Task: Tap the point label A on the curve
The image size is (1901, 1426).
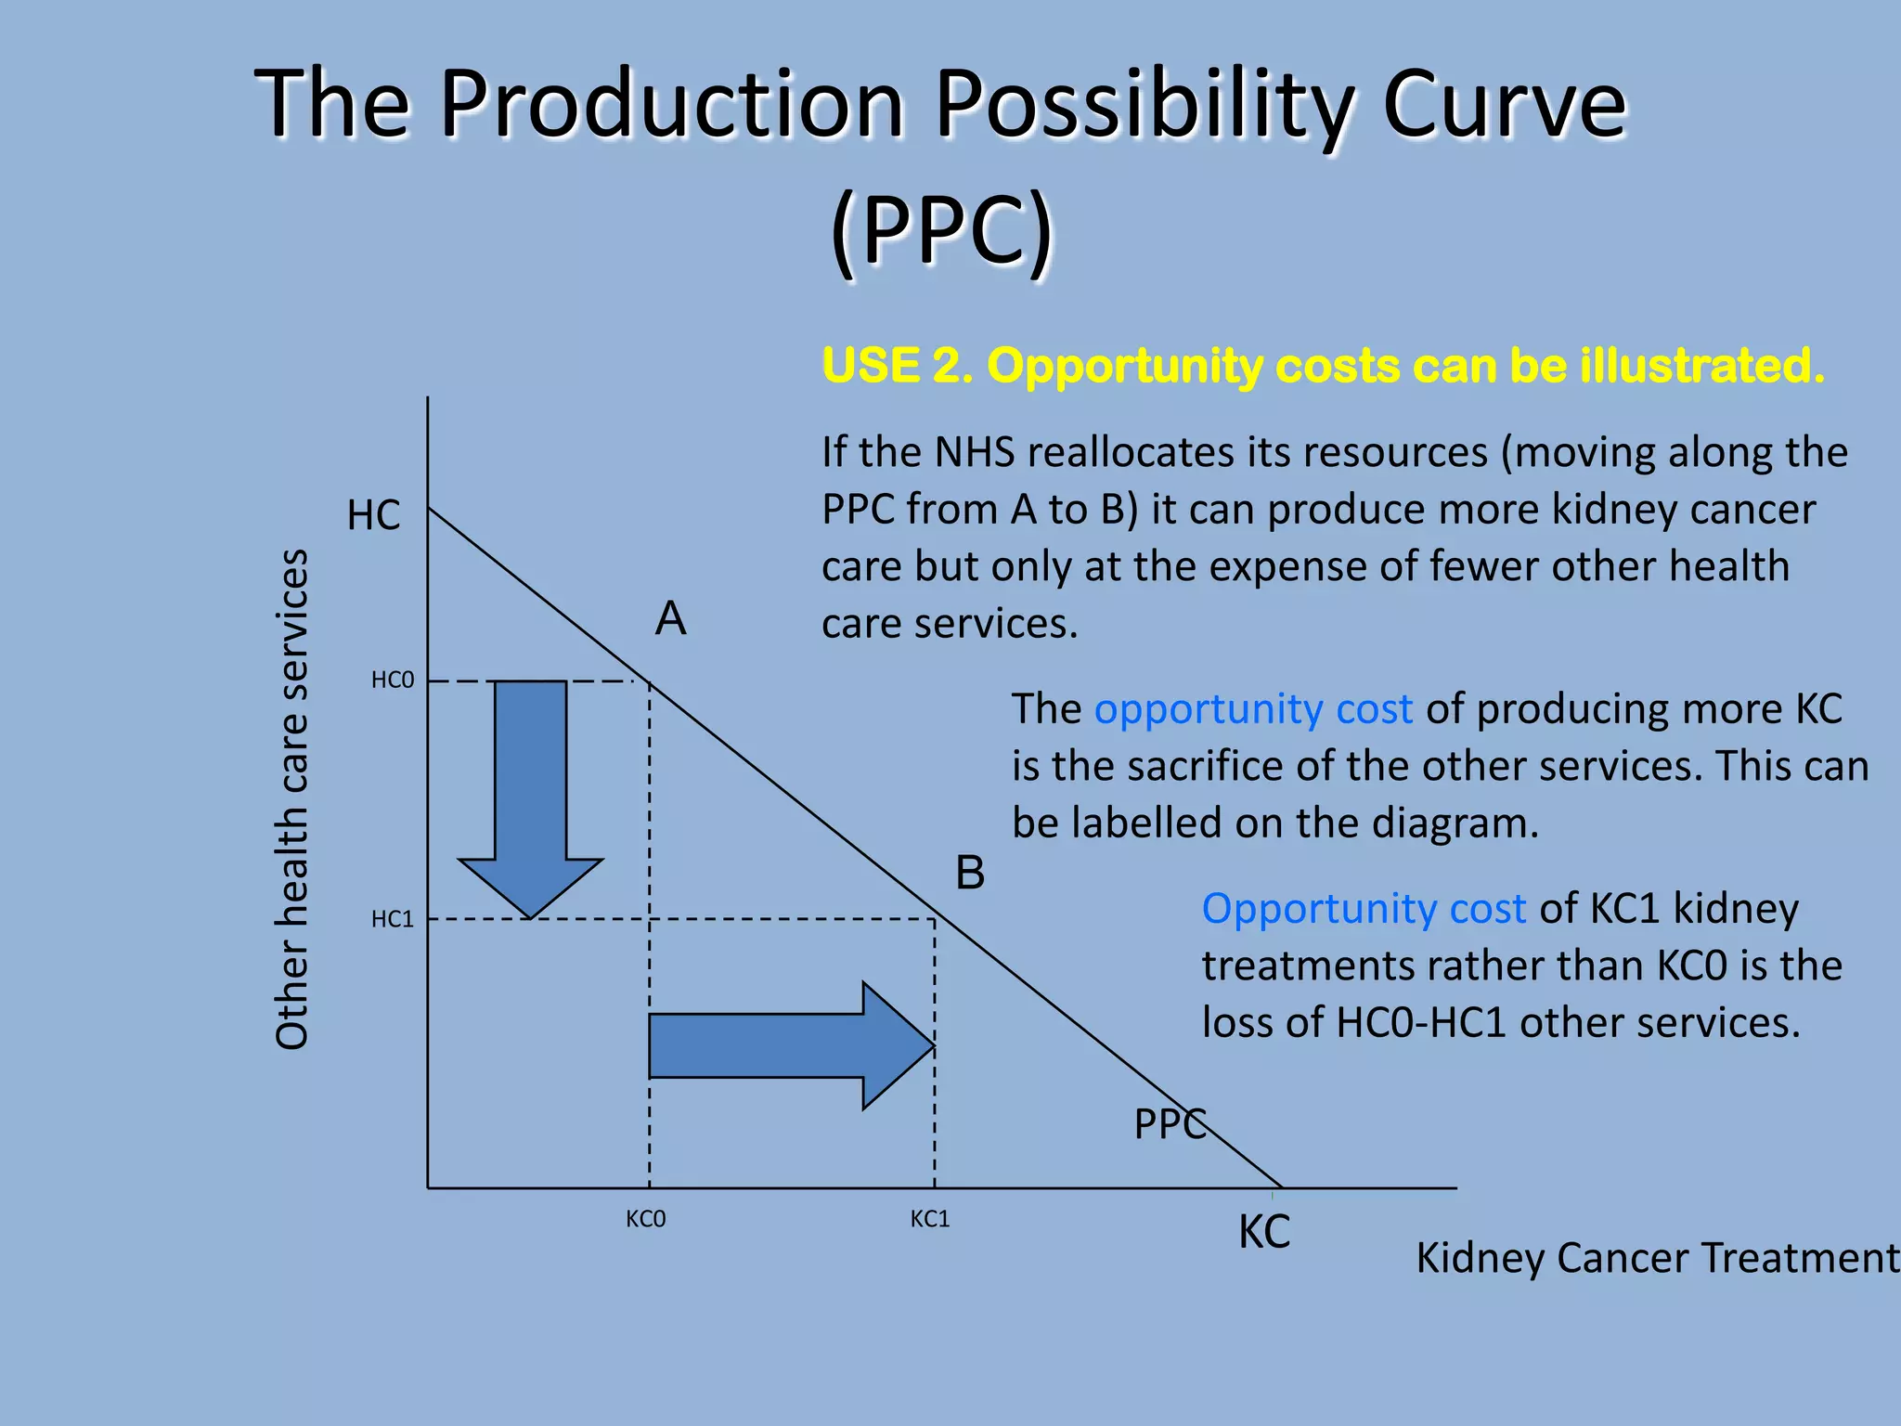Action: (x=670, y=618)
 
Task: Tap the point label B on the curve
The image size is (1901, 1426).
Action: (x=970, y=874)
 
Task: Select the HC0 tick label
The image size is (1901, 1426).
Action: (x=392, y=681)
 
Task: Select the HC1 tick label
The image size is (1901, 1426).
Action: (x=392, y=919)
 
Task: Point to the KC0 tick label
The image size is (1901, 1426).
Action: (x=645, y=1219)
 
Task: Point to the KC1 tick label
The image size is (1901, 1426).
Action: (x=930, y=1219)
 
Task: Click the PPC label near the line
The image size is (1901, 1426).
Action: (x=1170, y=1124)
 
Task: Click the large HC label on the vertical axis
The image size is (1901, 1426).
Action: (x=373, y=515)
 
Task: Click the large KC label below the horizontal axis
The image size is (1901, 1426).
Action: (x=1264, y=1233)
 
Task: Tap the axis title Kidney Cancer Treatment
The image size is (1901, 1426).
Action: (x=1657, y=1259)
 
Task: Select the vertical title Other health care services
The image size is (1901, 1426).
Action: (x=291, y=798)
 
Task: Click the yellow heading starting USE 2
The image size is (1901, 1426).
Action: (x=1323, y=365)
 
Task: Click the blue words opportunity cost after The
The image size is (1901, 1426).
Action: (x=1253, y=709)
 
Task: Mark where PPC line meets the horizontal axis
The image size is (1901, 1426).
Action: (x=1281, y=1187)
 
